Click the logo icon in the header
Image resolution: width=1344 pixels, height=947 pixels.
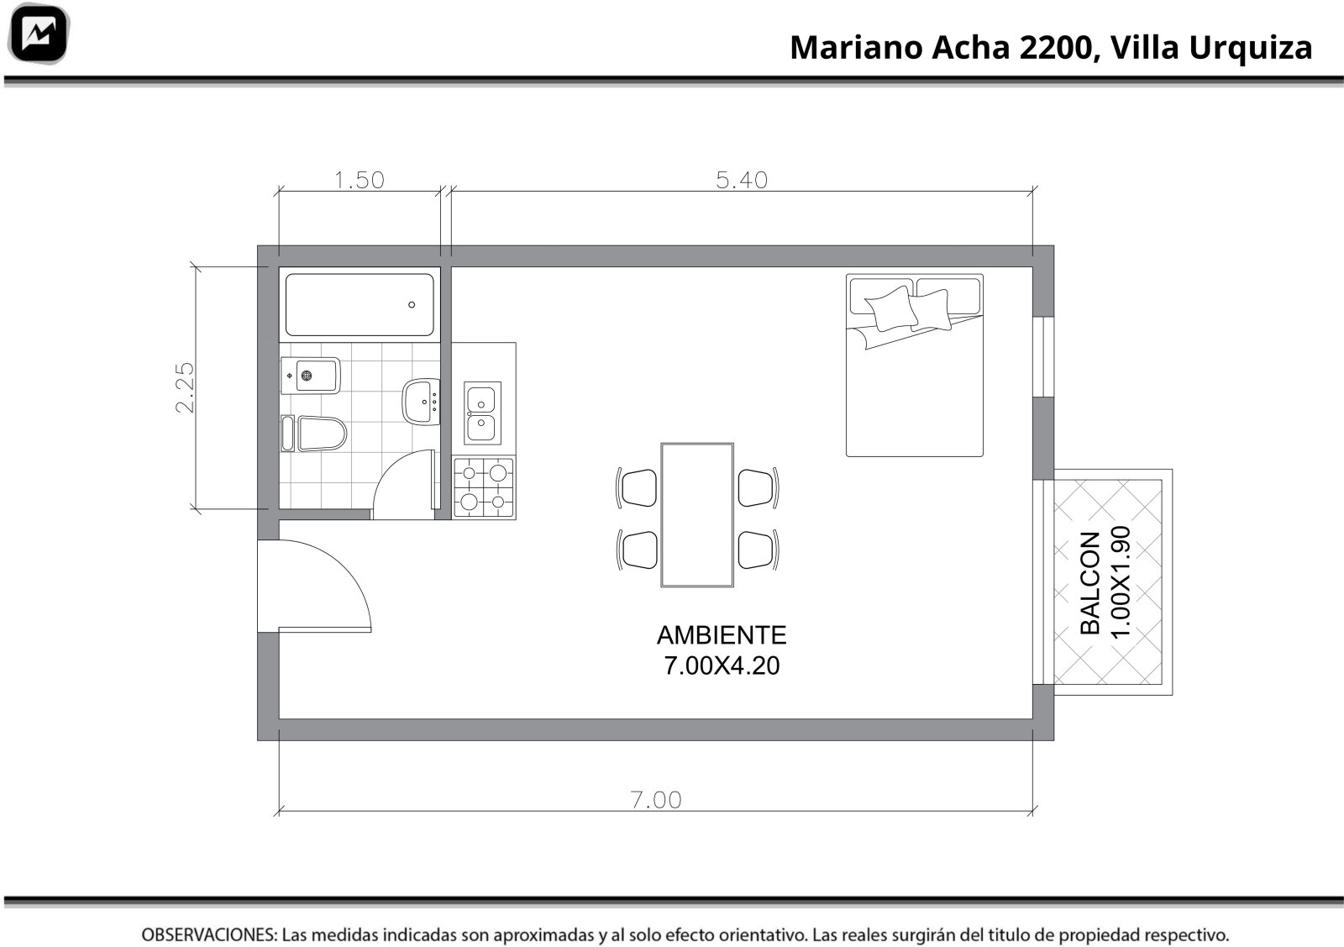coord(39,34)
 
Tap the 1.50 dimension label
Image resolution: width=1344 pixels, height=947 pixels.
coord(359,180)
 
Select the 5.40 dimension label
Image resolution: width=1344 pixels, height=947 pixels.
coord(742,180)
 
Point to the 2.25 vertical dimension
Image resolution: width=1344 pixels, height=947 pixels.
coord(186,387)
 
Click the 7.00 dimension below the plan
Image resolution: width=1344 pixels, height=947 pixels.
coord(656,800)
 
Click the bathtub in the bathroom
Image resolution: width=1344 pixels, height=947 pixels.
coord(360,305)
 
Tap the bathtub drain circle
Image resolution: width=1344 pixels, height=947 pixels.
coord(412,305)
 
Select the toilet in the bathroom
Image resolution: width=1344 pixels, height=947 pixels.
coord(314,434)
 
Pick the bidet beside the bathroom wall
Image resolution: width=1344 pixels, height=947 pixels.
coord(311,376)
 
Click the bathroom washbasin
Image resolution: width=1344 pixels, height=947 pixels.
coord(421,402)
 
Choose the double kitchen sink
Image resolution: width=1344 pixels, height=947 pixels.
coord(482,413)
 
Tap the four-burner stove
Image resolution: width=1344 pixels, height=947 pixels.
coord(484,487)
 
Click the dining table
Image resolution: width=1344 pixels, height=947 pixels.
coord(697,515)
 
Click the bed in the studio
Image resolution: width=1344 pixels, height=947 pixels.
coord(915,365)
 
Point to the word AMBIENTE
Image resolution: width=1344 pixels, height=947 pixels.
coord(722,635)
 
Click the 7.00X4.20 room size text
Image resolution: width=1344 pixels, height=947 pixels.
coord(722,666)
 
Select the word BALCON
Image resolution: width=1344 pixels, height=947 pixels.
coord(1089,582)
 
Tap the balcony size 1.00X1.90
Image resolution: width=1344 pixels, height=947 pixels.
coord(1121,582)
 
